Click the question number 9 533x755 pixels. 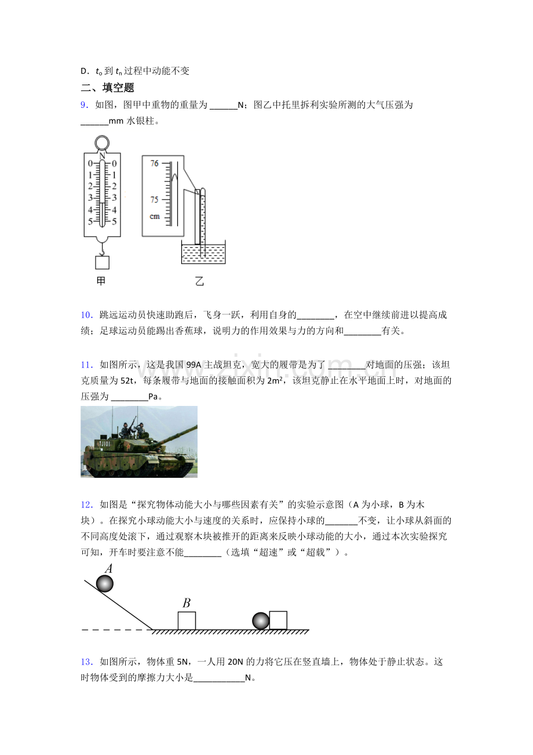coord(84,105)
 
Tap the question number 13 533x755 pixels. coord(87,662)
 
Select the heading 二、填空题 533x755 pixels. coord(107,88)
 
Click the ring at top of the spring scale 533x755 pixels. coord(102,143)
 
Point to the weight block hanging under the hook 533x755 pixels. coord(102,263)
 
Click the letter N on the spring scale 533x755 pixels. coord(102,155)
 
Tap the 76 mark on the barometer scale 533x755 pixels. coord(154,164)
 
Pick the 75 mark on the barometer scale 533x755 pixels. coord(154,199)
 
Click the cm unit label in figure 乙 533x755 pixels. coord(155,216)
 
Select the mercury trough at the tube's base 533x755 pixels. coord(203,252)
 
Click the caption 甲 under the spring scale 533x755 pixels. coord(101,281)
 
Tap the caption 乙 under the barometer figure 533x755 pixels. coord(199,281)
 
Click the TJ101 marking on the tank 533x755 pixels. coord(104,444)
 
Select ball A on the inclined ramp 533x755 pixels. coord(105,583)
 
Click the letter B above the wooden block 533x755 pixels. coord(187,602)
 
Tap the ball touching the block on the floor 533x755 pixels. coord(261,621)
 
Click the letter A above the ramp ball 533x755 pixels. coord(108,569)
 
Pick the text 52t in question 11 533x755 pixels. coord(127,381)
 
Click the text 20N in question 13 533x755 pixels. coord(235,662)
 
